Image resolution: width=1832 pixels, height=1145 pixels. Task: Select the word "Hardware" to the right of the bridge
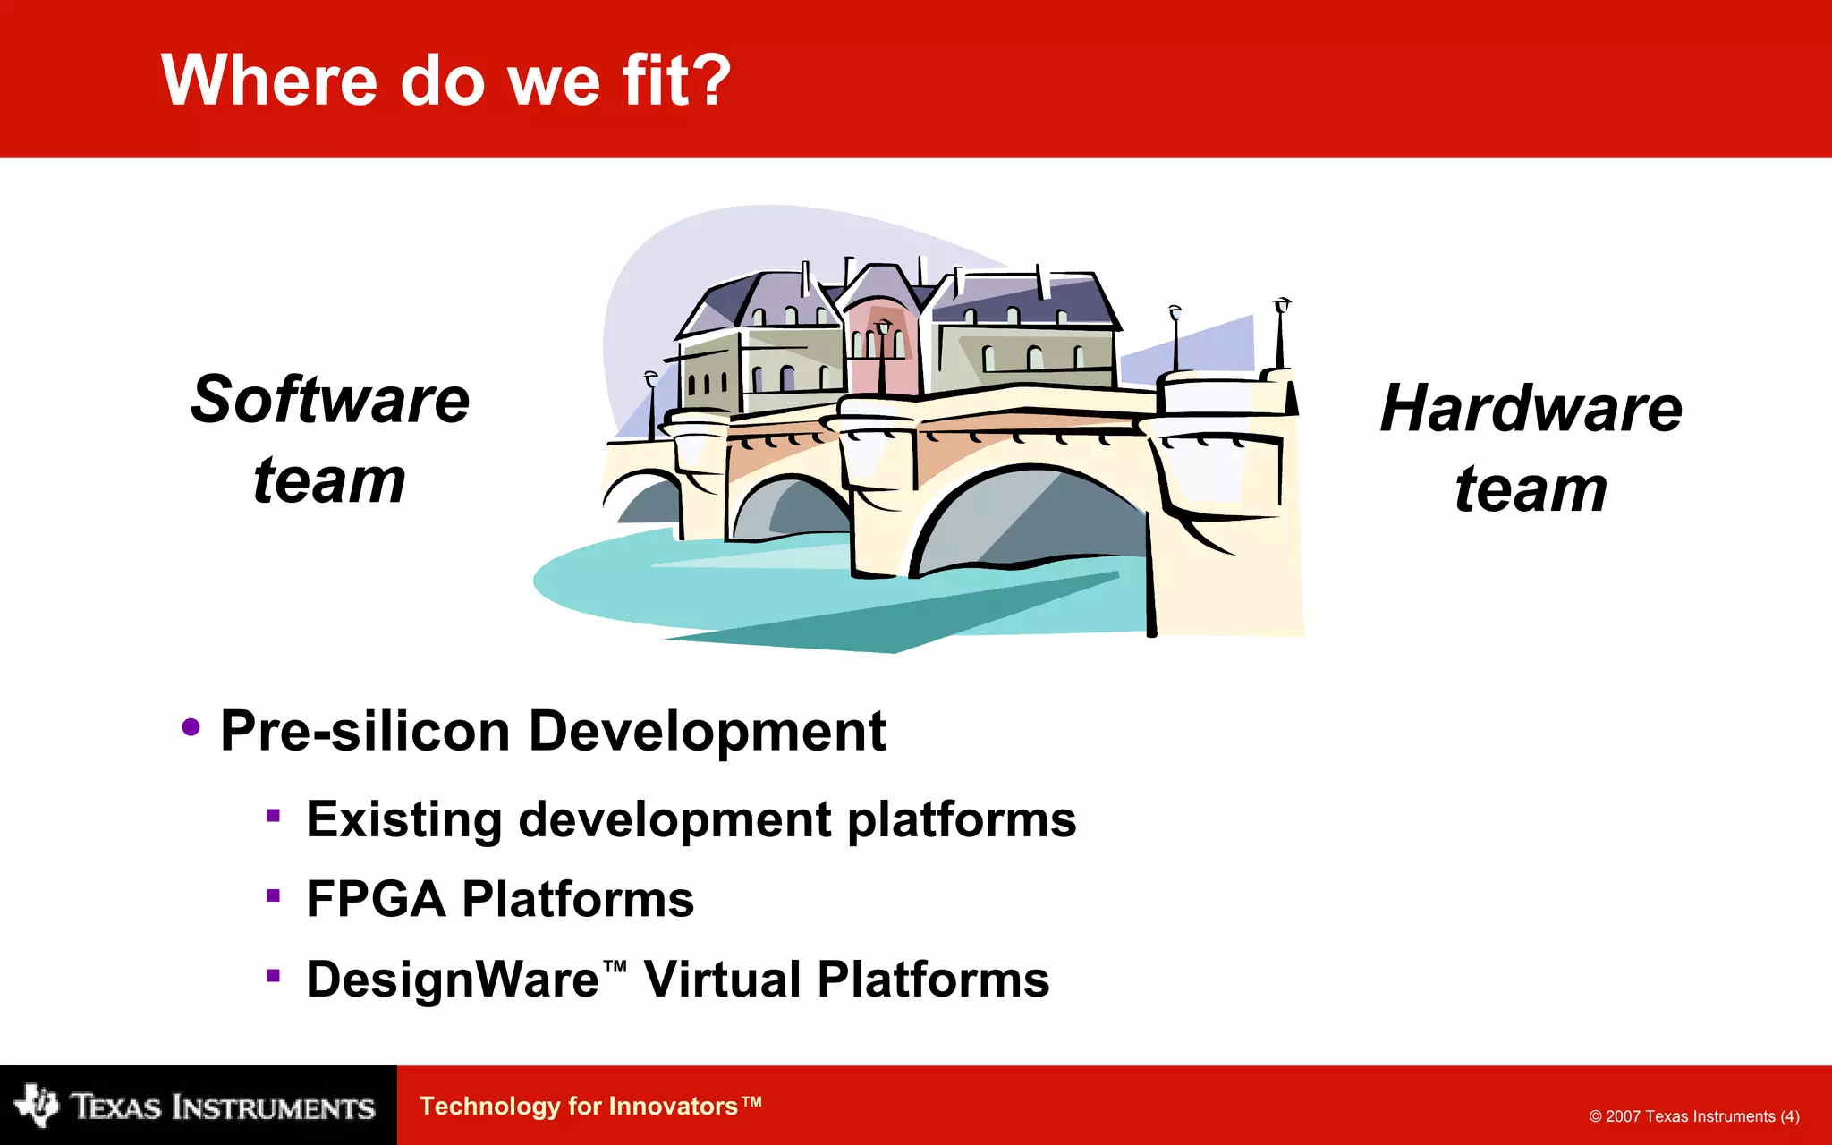pyautogui.click(x=1531, y=409)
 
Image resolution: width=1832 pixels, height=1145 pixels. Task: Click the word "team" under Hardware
pyautogui.click(x=1531, y=489)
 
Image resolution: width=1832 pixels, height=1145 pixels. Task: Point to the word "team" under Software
pyautogui.click(x=329, y=480)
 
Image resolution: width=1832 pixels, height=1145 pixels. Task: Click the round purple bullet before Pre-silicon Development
pyautogui.click(x=191, y=726)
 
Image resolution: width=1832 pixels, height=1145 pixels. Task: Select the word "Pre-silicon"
pyautogui.click(x=365, y=731)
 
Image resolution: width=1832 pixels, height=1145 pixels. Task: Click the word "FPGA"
pyautogui.click(x=376, y=899)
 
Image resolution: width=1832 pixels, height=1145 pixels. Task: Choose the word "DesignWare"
pyautogui.click(x=453, y=980)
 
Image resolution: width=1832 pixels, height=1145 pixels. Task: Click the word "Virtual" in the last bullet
pyautogui.click(x=720, y=980)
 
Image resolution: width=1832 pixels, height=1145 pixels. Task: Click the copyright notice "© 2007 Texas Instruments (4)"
pyautogui.click(x=1694, y=1116)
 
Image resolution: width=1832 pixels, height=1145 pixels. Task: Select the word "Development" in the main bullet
pyautogui.click(x=707, y=731)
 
